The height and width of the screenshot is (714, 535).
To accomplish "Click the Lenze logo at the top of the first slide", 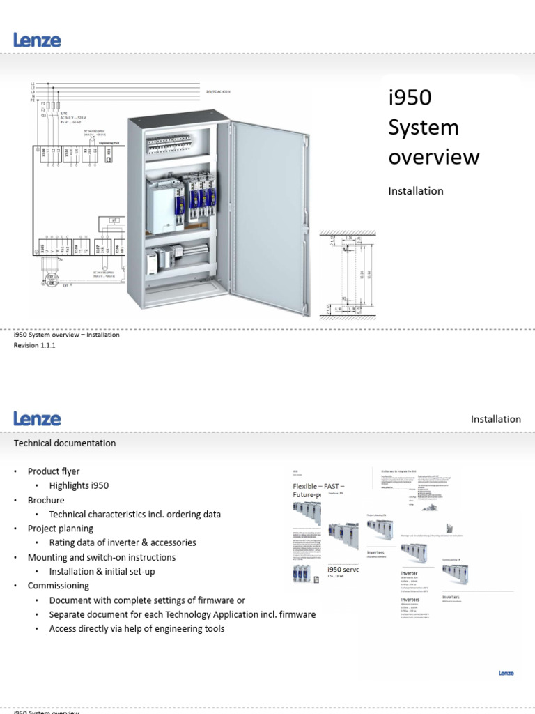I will [37, 40].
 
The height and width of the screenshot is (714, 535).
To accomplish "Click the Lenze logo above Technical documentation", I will [37, 418].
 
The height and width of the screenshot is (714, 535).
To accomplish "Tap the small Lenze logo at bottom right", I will [506, 673].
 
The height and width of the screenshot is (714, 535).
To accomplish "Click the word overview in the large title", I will [433, 158].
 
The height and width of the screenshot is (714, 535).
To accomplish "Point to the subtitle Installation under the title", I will [415, 191].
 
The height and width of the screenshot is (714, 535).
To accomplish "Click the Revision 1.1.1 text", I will [34, 346].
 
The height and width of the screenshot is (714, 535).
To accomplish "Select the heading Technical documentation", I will [65, 443].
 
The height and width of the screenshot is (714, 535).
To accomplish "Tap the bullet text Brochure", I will [46, 500].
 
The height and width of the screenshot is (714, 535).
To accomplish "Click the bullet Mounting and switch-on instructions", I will [102, 557].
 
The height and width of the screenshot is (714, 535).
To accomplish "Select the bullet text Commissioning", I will [59, 586].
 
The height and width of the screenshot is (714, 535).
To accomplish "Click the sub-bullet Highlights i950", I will [79, 486].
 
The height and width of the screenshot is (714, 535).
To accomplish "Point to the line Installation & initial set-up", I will [102, 572].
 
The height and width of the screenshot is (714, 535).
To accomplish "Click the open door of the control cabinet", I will [267, 216].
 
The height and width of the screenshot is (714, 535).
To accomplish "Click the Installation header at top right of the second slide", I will [495, 419].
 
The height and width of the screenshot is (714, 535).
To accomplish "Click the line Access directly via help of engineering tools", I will [137, 629].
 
